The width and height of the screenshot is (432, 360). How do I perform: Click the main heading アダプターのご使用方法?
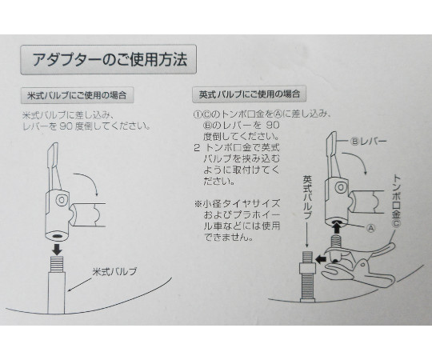(110, 60)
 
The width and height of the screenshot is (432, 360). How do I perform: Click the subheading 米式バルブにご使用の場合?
(77, 95)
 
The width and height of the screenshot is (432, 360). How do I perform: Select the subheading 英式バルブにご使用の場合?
(249, 94)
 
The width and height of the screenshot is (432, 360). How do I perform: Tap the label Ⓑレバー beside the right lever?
(368, 142)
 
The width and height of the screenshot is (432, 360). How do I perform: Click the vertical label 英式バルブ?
(306, 198)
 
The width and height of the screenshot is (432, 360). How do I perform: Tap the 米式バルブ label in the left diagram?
(114, 272)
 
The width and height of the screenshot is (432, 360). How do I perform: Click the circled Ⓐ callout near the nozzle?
(371, 228)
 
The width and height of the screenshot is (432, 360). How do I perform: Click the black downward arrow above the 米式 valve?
(58, 250)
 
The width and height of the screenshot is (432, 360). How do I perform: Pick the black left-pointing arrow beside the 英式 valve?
(322, 259)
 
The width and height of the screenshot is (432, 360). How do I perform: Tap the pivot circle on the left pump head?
(62, 200)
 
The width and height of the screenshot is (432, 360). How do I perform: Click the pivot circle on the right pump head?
(341, 188)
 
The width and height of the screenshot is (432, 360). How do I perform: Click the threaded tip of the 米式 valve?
(57, 264)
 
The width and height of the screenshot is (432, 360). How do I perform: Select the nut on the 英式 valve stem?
(307, 268)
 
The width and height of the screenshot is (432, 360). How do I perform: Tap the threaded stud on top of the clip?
(337, 241)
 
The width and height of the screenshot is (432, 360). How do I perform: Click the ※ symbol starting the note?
(198, 204)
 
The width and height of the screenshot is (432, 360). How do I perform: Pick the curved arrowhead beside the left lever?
(96, 194)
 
